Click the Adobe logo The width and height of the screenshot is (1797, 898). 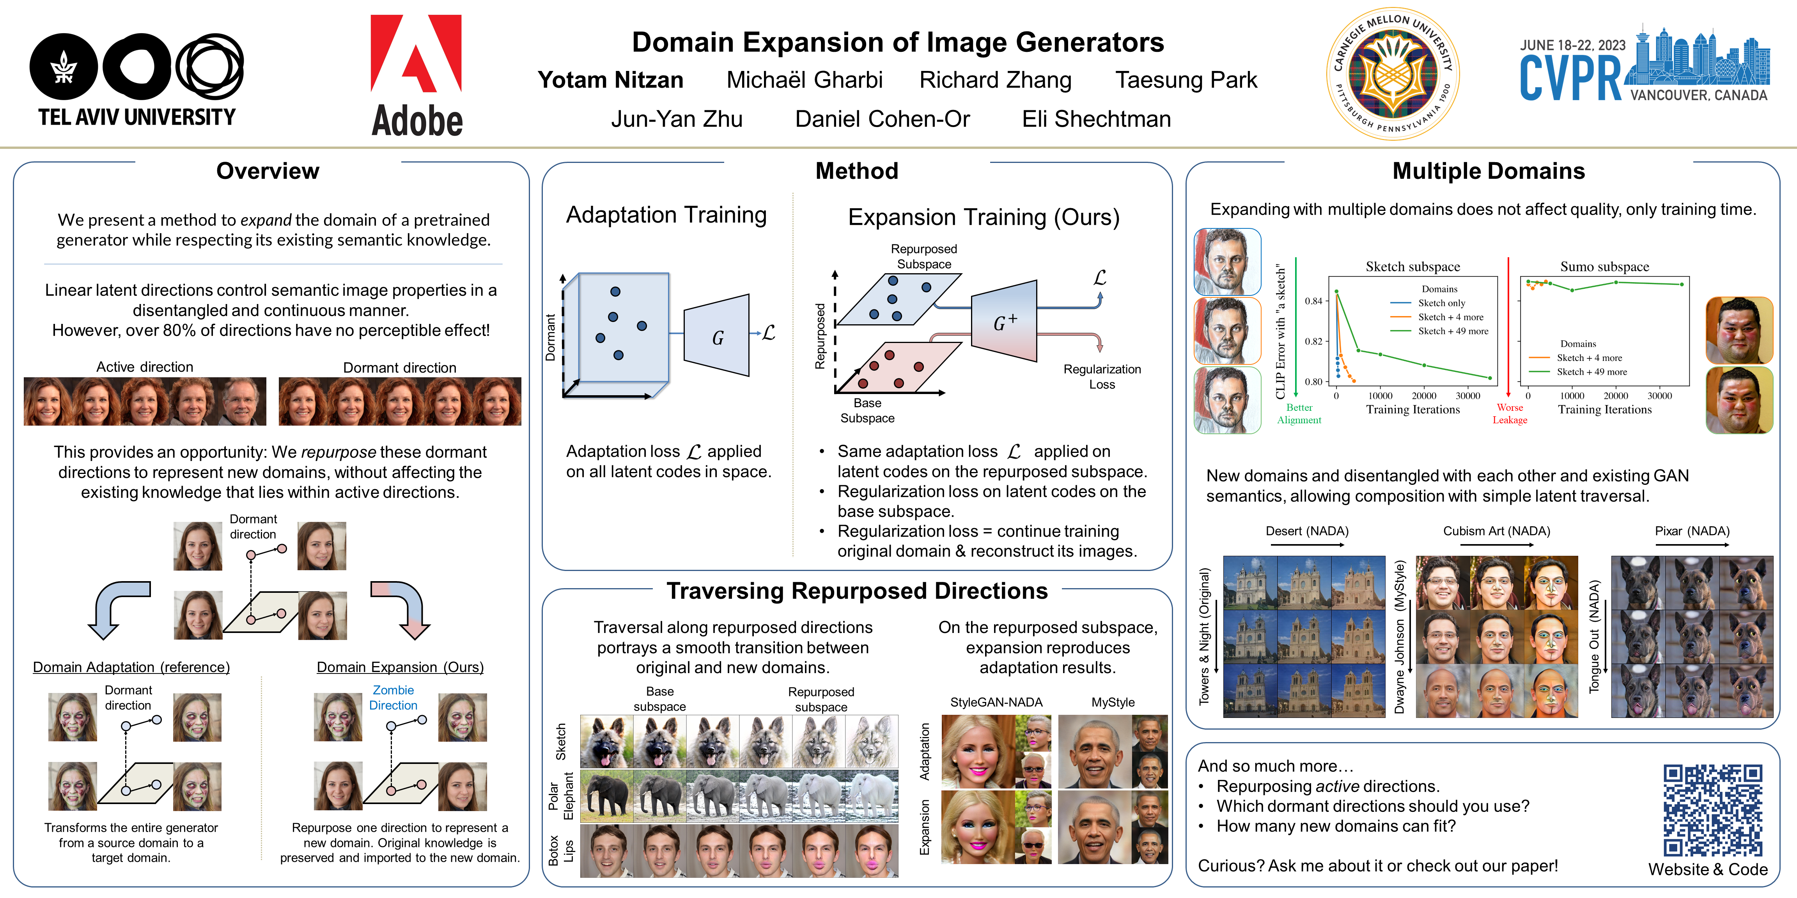[416, 75]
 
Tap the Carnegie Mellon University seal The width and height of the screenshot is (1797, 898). [1392, 74]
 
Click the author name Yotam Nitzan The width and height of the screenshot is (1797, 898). [610, 80]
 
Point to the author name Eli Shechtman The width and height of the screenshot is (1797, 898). [1096, 119]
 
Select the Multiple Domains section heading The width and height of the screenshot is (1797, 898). [1488, 171]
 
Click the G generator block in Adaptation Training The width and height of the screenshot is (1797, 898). [717, 337]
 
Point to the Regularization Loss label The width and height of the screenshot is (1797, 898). [1102, 377]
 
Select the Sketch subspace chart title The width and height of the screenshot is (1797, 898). [1412, 266]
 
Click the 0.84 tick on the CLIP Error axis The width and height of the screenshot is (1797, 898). [1313, 301]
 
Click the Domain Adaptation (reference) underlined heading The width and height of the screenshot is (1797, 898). [131, 667]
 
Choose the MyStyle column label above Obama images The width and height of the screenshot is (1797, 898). [1113, 702]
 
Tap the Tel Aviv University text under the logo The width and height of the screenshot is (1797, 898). [137, 117]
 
